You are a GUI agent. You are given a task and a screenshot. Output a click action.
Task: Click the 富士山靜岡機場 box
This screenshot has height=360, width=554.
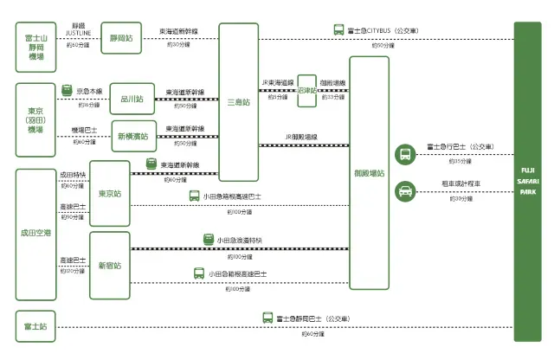coord(36,48)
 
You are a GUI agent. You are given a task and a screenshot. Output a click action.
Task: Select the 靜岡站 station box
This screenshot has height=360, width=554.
coord(121,39)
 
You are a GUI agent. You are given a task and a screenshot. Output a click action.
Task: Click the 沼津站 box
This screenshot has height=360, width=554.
coord(306,90)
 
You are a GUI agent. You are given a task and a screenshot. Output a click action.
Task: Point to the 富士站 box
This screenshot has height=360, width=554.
coord(36,326)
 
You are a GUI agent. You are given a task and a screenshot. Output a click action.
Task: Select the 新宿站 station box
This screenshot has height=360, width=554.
coord(109,265)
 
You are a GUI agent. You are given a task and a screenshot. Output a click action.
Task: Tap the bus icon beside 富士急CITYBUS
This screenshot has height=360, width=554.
coord(338,30)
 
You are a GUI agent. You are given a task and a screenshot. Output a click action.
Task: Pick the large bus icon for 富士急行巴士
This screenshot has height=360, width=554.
coord(404,154)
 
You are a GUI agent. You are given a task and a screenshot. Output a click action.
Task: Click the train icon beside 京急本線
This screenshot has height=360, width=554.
coord(68,89)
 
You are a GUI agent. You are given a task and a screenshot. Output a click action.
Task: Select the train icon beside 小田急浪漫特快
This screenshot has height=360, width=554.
coord(209,240)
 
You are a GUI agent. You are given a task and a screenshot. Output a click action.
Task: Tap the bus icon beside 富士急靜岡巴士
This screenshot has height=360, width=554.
coord(268,318)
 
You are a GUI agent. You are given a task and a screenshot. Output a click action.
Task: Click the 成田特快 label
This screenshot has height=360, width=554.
coord(73,175)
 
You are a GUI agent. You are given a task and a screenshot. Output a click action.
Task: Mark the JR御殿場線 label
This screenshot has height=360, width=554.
coord(300,137)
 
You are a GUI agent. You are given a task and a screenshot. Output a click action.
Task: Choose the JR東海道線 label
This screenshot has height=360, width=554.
coord(277,83)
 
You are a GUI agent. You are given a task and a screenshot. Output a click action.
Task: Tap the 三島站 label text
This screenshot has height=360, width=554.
coord(238,102)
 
